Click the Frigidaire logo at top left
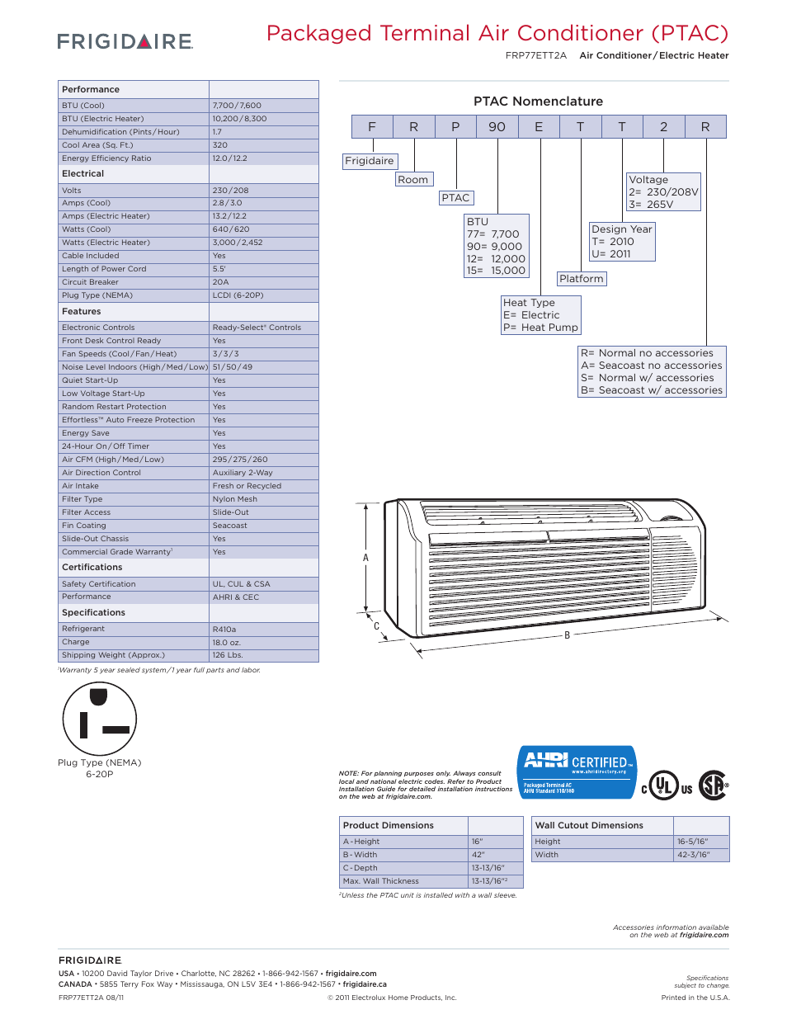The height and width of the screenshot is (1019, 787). coord(125,41)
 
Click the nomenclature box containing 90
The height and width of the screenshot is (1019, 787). coord(497,127)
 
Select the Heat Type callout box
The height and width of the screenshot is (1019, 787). coord(541,315)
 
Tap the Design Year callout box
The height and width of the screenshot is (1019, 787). coord(622,242)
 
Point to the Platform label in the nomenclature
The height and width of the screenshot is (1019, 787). coord(582,279)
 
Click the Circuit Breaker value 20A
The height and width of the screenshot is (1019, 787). coord(221,282)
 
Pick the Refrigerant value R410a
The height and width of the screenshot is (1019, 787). coord(224,630)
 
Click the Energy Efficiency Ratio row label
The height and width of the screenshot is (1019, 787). coord(106,158)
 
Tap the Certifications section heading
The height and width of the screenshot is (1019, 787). coord(92,568)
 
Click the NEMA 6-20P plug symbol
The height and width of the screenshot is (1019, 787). coord(100,719)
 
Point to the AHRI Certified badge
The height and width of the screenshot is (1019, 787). coord(577,772)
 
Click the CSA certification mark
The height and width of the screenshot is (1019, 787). coord(713,785)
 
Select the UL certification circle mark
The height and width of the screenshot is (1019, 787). coord(663,785)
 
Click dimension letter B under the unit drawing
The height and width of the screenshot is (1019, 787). coord(568,635)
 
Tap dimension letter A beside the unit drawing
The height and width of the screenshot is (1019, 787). coord(366,558)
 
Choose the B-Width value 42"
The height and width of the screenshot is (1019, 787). coord(478,855)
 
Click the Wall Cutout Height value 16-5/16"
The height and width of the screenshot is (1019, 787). coord(692,842)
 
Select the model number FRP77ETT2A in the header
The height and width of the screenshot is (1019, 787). coord(536,55)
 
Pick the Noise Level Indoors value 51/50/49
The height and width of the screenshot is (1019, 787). coord(233,367)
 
